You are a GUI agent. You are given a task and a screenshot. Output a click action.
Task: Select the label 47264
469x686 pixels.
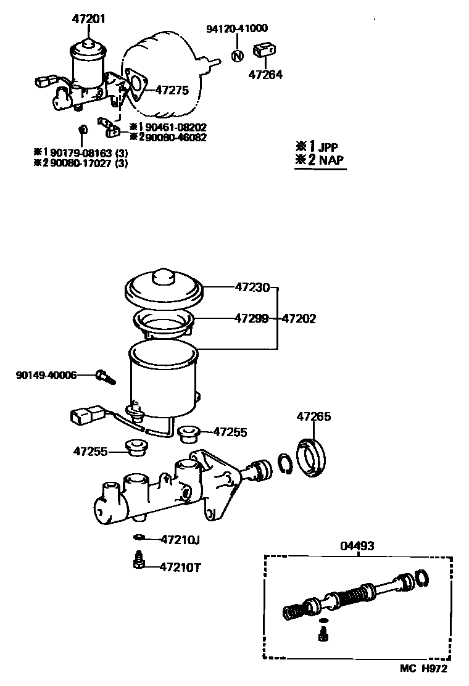click(x=265, y=75)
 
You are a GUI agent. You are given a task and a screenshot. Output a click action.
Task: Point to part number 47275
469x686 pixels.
click(x=171, y=89)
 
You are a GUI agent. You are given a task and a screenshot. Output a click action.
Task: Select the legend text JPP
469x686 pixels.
click(x=328, y=147)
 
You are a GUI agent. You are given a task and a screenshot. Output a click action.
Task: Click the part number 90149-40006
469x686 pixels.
click(x=46, y=374)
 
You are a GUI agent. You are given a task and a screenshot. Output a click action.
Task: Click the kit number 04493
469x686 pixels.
click(x=357, y=546)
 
